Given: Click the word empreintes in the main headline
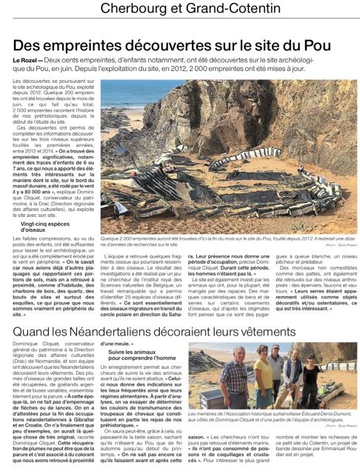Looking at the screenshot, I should pyautogui.click(x=81, y=44).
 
